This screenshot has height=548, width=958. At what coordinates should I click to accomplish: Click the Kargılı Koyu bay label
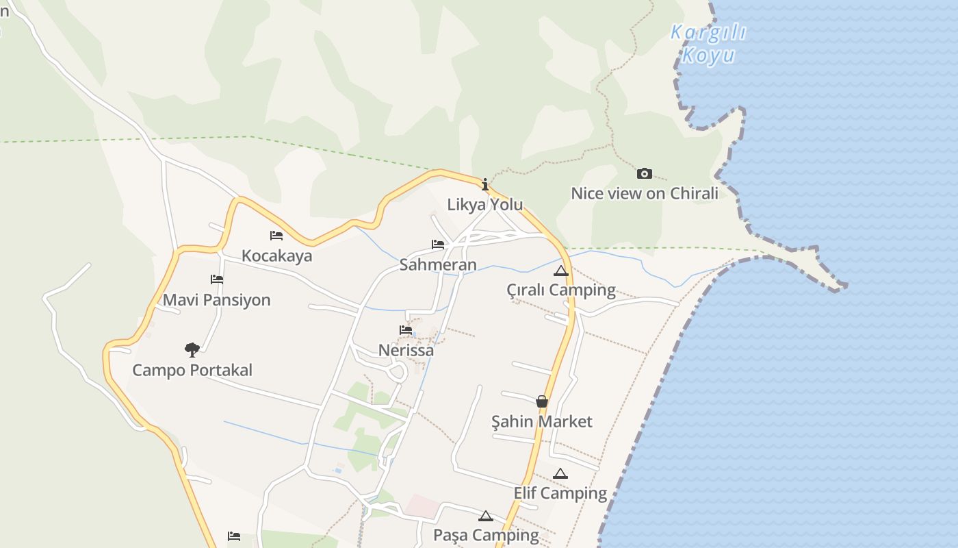pos(708,43)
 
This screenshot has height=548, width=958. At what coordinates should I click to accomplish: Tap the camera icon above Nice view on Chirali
pos(644,174)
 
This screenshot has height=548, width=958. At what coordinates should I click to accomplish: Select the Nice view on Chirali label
pos(645,193)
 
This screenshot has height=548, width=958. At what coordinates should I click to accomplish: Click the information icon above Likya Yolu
pos(485,184)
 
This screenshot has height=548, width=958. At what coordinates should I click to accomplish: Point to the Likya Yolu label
pos(485,204)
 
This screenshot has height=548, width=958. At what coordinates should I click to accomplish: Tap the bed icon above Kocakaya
pos(276,236)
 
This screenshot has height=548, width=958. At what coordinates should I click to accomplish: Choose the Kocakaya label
pos(276,256)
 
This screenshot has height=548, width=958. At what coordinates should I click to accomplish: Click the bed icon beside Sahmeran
pos(438,245)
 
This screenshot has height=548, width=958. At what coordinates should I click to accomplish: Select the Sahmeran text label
pos(438,264)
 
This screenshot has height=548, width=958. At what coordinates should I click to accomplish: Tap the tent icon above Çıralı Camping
pos(561,271)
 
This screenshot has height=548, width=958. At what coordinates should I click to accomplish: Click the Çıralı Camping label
pos(561,290)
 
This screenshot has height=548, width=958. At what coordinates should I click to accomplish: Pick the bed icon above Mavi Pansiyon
pos(217,279)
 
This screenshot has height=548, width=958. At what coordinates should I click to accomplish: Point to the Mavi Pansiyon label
pos(216,300)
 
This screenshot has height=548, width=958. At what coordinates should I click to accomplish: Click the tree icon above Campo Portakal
pos(192,350)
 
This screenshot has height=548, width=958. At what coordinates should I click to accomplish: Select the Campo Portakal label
pos(192,370)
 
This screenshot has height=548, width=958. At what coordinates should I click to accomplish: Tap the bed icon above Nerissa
pos(406,330)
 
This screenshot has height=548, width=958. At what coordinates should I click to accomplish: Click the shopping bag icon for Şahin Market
pos(542,401)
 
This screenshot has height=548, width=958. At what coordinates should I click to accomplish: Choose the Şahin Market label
pos(542,421)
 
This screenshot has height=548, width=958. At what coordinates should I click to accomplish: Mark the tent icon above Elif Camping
pos(560,473)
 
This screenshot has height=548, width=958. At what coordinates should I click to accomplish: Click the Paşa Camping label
pos(486,534)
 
